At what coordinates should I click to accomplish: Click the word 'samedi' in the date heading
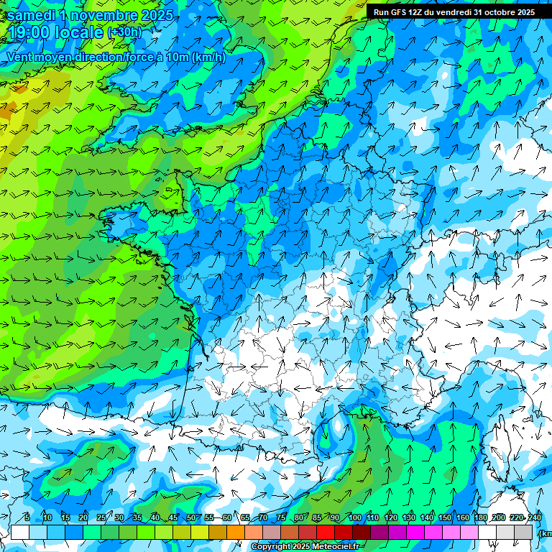tap(32, 15)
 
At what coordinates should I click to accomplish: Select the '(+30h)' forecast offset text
tap(124, 32)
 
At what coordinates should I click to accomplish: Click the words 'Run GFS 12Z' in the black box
tap(398, 12)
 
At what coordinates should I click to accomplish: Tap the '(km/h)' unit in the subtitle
tap(208, 57)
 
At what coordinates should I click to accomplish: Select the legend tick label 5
tap(27, 518)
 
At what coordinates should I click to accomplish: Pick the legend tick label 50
tap(190, 518)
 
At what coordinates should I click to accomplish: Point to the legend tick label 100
tap(354, 518)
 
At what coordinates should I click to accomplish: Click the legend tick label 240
tap(535, 518)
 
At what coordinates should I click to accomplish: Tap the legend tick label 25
tap(101, 518)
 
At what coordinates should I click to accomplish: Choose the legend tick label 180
tap(480, 518)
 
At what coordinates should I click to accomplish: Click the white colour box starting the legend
tap(20, 532)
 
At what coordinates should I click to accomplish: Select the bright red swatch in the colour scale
tap(326, 532)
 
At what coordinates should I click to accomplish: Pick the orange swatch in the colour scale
tap(236, 532)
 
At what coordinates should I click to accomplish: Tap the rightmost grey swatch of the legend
tap(523, 532)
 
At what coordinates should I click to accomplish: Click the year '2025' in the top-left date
tap(157, 15)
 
